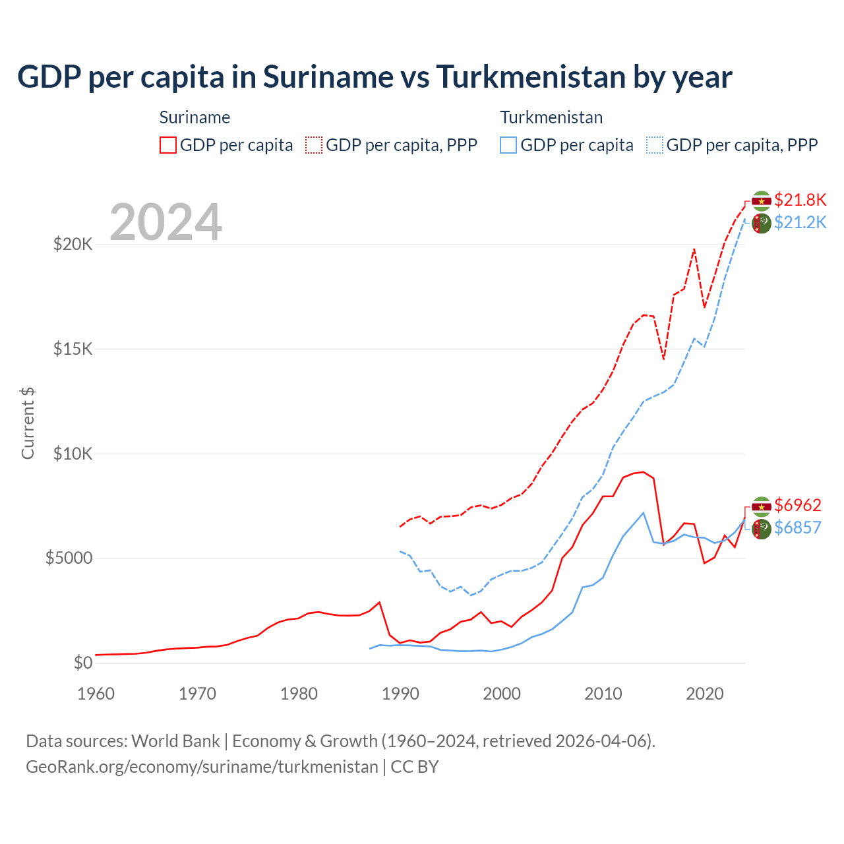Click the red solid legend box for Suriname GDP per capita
tap(168, 145)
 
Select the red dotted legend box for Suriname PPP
tap(314, 145)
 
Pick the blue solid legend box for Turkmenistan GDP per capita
tap(508, 145)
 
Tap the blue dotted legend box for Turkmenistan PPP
tap(655, 145)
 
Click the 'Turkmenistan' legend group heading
tap(551, 117)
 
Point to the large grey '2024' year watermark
tap(166, 222)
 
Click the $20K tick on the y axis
tap(73, 245)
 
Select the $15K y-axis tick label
tap(73, 349)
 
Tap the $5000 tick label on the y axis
tap(69, 558)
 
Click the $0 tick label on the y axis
tap(82, 663)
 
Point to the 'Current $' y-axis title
tap(28, 423)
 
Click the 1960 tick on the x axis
tap(96, 694)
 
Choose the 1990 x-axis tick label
tap(400, 694)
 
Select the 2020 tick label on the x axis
tap(705, 694)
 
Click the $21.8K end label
tap(800, 200)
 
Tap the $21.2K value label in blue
tap(800, 222)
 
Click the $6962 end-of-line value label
tap(797, 505)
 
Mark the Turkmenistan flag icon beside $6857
tap(762, 528)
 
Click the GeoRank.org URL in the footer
tap(202, 767)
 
